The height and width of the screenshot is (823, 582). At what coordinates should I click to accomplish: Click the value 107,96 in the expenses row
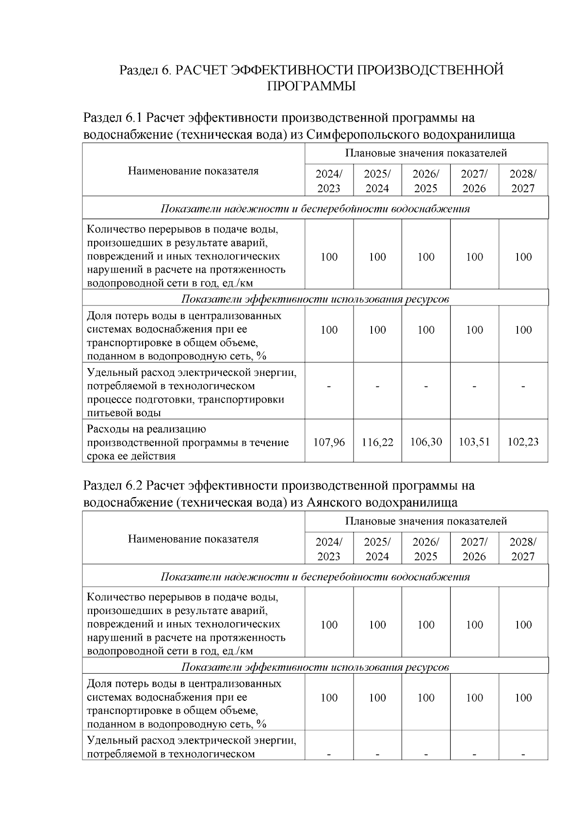[329, 442]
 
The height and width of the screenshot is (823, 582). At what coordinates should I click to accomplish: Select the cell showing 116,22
[377, 442]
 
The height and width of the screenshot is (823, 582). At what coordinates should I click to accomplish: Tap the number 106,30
[426, 442]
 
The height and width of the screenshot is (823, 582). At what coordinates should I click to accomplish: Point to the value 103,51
[474, 442]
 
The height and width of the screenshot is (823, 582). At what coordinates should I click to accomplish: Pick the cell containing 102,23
[523, 442]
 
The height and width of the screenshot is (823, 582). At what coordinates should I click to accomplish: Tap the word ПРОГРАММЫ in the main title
[311, 86]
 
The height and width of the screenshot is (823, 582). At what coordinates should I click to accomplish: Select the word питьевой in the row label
[107, 413]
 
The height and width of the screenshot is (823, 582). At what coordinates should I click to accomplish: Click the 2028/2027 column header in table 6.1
[523, 181]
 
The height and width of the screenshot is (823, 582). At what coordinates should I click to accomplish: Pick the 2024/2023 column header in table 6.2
[329, 549]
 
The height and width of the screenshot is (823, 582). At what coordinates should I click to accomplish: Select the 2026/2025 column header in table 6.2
[426, 549]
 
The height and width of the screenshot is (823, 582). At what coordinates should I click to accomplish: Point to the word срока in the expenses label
[100, 456]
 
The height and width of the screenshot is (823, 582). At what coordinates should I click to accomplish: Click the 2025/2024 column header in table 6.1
[377, 181]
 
